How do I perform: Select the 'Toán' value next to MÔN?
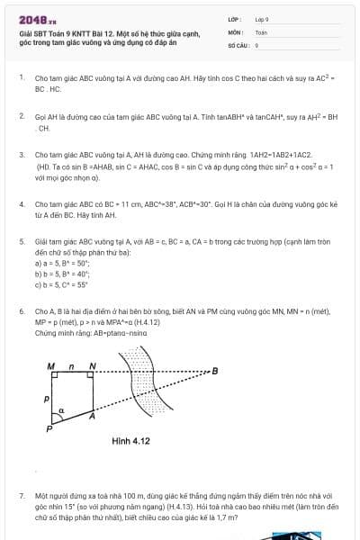[261, 31]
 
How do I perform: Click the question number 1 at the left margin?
[21, 78]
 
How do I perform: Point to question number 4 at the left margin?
[21, 205]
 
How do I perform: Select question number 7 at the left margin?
[21, 496]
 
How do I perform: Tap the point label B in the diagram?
[214, 371]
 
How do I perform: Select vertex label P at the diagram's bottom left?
[50, 430]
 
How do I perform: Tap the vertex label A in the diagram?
[92, 418]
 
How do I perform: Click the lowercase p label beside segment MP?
[45, 396]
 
